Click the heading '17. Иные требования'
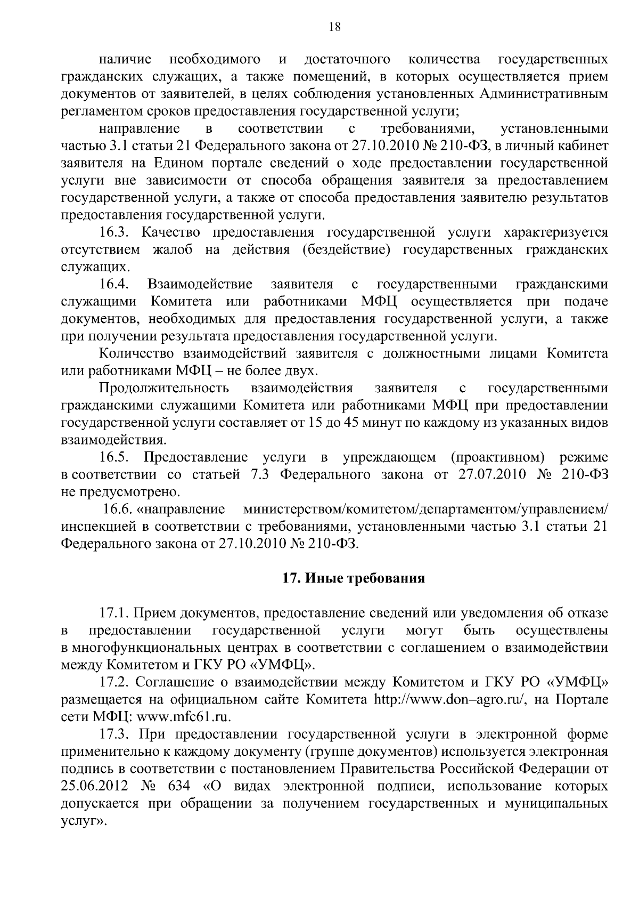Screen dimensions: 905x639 (353, 578)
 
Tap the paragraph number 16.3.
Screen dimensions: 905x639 (114, 232)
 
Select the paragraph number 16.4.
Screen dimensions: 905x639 (114, 284)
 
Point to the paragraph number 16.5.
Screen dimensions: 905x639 (114, 457)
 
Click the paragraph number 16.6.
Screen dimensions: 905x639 (118, 509)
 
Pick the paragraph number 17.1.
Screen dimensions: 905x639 (114, 613)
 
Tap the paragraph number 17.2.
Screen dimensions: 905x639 (114, 683)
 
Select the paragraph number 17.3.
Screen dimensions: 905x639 (114, 734)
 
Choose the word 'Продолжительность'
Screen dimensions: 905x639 (165, 388)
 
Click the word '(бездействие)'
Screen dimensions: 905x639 (344, 249)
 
